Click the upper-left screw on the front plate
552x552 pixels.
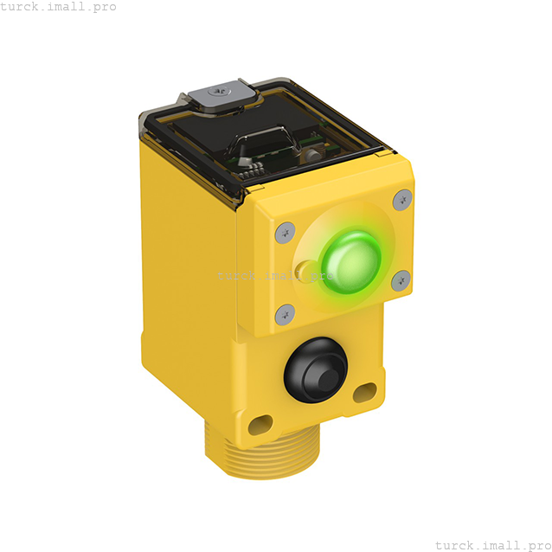coord(284,231)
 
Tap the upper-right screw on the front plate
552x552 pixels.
coord(401,201)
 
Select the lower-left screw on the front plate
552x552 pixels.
coord(285,314)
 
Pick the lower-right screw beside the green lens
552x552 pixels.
coord(401,280)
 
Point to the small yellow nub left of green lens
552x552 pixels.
coord(302,271)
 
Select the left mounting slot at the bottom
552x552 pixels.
coord(260,425)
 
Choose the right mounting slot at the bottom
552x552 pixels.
coord(363,394)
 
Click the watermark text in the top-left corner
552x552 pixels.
coord(58,7)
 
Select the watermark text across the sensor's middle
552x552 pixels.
coord(275,276)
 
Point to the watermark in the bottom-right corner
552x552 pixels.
coord(491,545)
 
